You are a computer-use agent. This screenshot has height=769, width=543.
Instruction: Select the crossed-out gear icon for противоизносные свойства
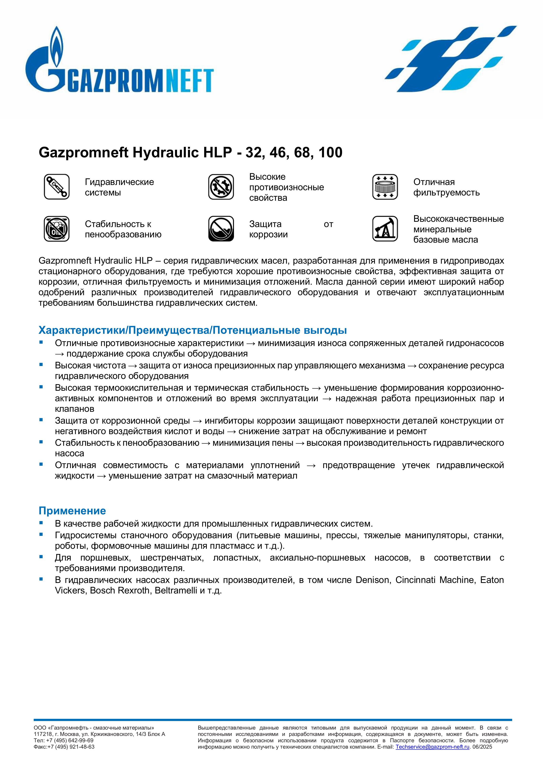[x=221, y=187]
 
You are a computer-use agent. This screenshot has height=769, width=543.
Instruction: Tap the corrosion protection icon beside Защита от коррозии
[x=221, y=229]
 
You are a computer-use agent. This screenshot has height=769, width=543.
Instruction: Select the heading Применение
[x=72, y=511]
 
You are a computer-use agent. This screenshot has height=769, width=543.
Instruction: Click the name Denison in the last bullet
[x=373, y=580]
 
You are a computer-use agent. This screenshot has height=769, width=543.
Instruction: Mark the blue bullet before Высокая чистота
[x=41, y=365]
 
